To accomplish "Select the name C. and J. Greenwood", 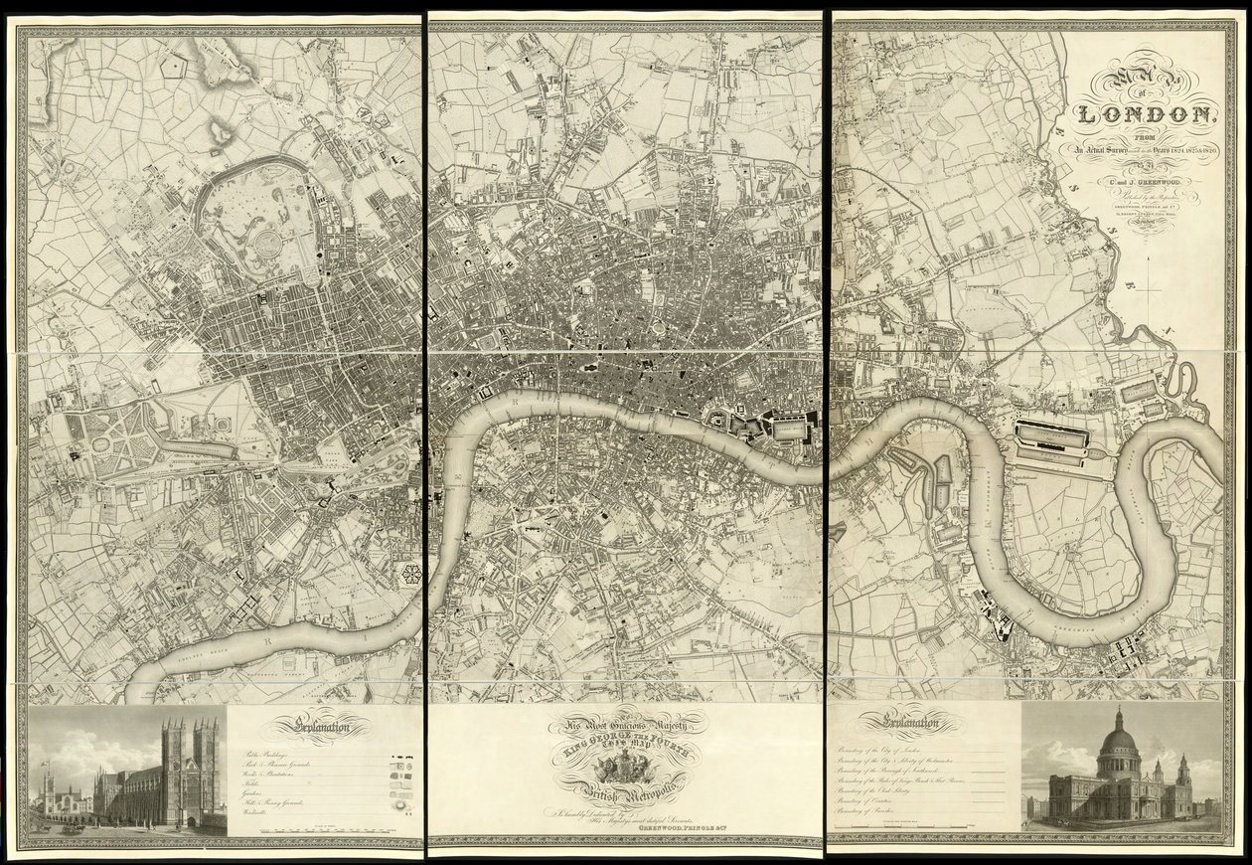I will tap(1143, 179).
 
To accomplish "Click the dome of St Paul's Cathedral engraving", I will tap(1119, 736).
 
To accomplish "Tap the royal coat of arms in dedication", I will tap(624, 766).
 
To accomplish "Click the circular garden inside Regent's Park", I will tap(266, 245).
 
